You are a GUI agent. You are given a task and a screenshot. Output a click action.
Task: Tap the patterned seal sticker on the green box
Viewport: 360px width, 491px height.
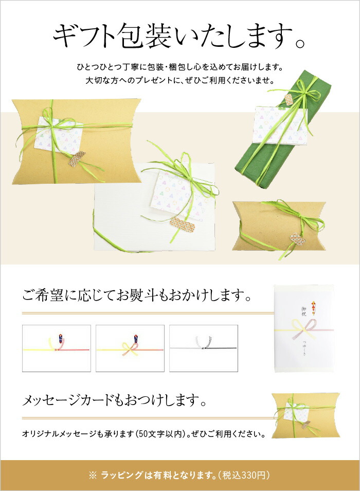(x=289, y=99)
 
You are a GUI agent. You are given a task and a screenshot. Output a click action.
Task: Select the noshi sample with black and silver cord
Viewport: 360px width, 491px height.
(x=204, y=348)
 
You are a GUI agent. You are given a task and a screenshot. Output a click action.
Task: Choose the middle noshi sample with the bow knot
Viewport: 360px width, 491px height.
(x=130, y=348)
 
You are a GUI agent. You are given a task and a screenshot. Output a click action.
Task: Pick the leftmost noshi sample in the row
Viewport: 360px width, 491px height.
(x=57, y=348)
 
